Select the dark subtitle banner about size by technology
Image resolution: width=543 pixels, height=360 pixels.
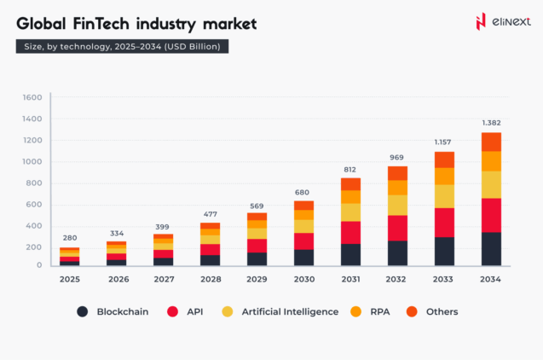pyautogui.click(x=121, y=46)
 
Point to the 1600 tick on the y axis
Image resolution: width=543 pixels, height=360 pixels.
pyautogui.click(x=32, y=98)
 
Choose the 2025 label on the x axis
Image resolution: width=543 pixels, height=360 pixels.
pyautogui.click(x=70, y=279)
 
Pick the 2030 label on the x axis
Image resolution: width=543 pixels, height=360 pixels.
pyautogui.click(x=303, y=279)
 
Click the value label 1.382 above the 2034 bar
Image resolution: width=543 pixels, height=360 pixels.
pyautogui.click(x=490, y=124)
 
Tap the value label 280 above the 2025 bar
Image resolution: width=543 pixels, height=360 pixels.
pyautogui.click(x=70, y=238)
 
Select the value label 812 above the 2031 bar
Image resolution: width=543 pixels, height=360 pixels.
pyautogui.click(x=350, y=169)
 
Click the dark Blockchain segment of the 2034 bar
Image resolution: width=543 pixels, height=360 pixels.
pyautogui.click(x=490, y=248)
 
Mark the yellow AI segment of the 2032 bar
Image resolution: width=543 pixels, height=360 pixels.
pyautogui.click(x=396, y=205)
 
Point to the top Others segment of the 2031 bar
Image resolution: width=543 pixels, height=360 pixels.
pyautogui.click(x=350, y=183)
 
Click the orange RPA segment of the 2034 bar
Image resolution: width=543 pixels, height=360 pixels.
pyautogui.click(x=490, y=161)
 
